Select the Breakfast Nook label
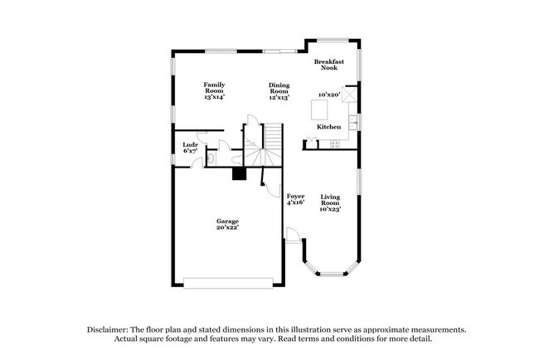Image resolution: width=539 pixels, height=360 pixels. click(328, 65)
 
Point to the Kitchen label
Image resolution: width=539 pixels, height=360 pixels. click(329, 127)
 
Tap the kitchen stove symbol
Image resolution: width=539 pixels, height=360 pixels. click(334, 145)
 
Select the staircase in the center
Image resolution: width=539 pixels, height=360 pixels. click(270, 145)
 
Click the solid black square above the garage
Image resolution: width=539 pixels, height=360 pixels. click(239, 174)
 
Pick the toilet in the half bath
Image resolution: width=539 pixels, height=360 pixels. click(211, 158)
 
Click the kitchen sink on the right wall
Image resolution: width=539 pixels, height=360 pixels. click(353, 124)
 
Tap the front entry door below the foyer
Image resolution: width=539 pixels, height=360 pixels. click(292, 236)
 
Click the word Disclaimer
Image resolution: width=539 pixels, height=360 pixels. click(112, 329)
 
